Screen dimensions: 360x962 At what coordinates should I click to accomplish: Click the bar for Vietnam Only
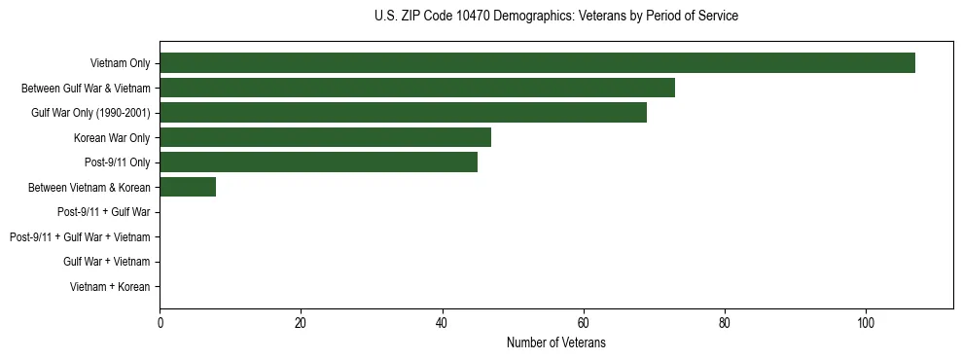point(537,63)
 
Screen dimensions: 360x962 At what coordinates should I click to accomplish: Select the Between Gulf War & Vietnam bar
point(417,88)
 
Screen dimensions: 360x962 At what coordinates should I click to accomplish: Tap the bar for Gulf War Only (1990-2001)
point(403,113)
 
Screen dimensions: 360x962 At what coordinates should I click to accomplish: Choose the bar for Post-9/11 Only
point(318,162)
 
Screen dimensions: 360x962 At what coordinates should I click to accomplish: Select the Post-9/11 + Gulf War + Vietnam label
point(80,237)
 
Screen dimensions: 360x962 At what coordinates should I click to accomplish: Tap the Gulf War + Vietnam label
point(107,262)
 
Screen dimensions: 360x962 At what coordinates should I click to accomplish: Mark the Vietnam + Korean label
point(110,287)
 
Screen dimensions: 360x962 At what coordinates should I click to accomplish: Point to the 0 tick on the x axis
point(160,323)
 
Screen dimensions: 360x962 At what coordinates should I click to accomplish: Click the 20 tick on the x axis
point(301,323)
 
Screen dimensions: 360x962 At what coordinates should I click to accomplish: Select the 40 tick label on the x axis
point(442,323)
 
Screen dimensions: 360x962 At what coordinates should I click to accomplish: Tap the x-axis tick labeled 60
point(583,323)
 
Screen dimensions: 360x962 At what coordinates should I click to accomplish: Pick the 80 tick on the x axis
point(724,323)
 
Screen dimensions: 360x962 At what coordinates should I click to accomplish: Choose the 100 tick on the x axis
point(865,323)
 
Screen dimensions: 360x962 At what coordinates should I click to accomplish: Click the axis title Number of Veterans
point(555,342)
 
